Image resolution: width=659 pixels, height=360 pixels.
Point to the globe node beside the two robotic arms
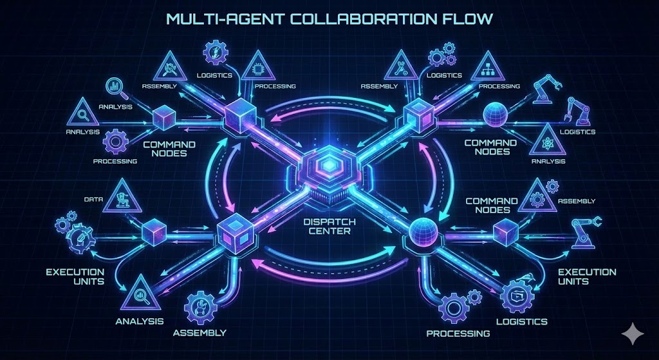[496, 114]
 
